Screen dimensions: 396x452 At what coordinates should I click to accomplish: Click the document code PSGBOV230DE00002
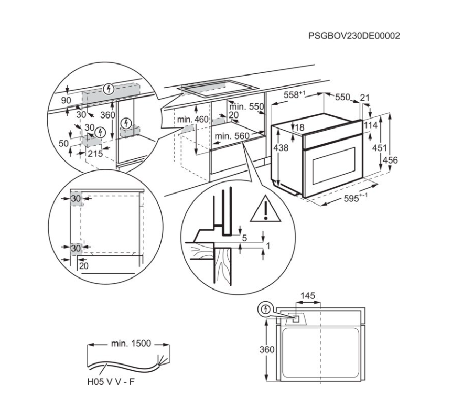[355, 36]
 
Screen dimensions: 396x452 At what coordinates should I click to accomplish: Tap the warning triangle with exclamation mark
[265, 210]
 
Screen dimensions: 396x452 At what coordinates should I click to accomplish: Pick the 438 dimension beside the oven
[281, 148]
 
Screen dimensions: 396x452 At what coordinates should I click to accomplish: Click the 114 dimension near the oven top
[371, 126]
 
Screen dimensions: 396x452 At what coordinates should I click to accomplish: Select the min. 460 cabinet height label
[192, 120]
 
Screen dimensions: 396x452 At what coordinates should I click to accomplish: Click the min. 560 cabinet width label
[231, 136]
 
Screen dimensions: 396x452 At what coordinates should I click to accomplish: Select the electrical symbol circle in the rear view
[266, 309]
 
